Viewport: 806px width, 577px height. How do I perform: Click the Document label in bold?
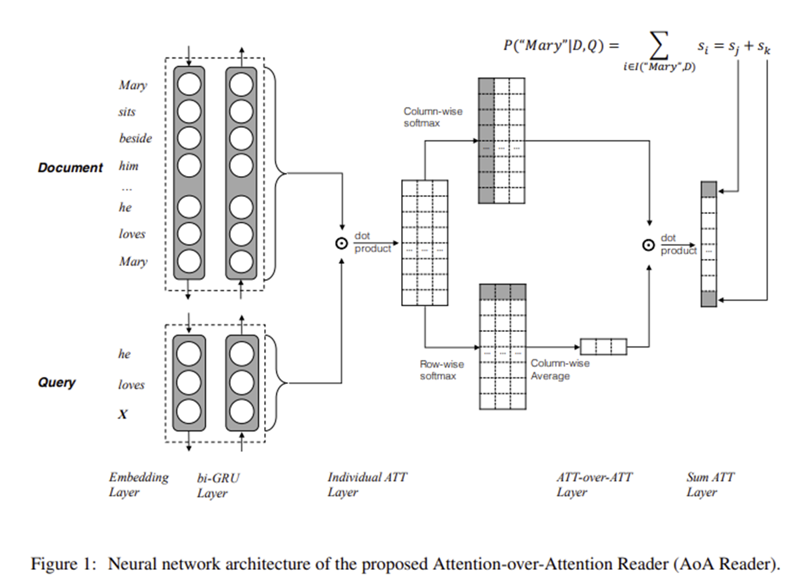coord(70,168)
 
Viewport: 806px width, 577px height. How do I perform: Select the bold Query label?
coord(57,383)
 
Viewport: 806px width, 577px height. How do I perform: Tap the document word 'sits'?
coord(127,112)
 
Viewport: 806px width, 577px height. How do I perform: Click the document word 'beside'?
coord(135,138)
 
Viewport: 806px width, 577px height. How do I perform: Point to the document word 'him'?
coord(128,166)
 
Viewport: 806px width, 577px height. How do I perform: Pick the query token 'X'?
coord(123,414)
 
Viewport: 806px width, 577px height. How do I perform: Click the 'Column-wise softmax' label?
coord(433,116)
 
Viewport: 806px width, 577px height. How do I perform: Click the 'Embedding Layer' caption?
coord(138,484)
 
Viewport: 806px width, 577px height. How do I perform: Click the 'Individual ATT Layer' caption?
coord(366,484)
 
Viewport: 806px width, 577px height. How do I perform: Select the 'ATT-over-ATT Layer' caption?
coord(593,484)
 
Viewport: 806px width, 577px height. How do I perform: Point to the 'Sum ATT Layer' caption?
coord(710,484)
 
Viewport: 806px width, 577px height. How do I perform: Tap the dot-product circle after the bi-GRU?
coord(340,243)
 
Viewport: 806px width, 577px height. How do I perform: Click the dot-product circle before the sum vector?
coord(648,245)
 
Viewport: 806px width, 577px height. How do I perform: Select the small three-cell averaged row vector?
coord(603,346)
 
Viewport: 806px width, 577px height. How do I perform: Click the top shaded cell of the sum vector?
coord(709,188)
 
